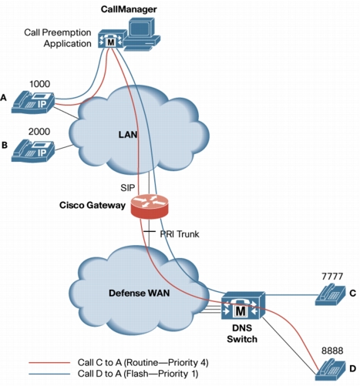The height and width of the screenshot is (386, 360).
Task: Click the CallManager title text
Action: pos(129,9)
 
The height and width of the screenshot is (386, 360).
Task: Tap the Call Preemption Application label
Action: pos(58,38)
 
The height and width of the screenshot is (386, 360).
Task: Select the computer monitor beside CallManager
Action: pos(142,33)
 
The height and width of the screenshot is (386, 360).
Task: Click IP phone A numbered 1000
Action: pos(33,102)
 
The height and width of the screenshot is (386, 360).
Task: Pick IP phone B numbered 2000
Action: pos(33,150)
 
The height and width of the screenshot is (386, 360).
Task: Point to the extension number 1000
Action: pos(39,84)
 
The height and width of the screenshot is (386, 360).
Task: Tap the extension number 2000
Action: pos(39,132)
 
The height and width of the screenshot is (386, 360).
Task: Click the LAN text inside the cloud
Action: pos(128,134)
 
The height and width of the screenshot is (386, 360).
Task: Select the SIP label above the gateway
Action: pos(128,188)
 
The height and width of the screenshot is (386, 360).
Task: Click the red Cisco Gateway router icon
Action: pos(150,206)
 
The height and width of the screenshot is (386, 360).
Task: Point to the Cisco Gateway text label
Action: pos(93,205)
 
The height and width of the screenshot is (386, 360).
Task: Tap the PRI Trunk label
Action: pos(180,234)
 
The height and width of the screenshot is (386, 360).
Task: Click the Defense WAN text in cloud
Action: pos(140,293)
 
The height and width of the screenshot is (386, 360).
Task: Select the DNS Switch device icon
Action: pos(243,305)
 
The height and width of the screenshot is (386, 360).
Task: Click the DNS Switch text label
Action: pos(242,334)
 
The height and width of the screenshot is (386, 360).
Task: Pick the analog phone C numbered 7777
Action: pos(331,294)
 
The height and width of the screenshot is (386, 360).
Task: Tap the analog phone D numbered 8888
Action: pos(331,369)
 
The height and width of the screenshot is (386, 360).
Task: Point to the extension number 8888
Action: pos(332,351)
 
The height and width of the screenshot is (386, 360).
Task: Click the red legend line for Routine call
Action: pos(49,363)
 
